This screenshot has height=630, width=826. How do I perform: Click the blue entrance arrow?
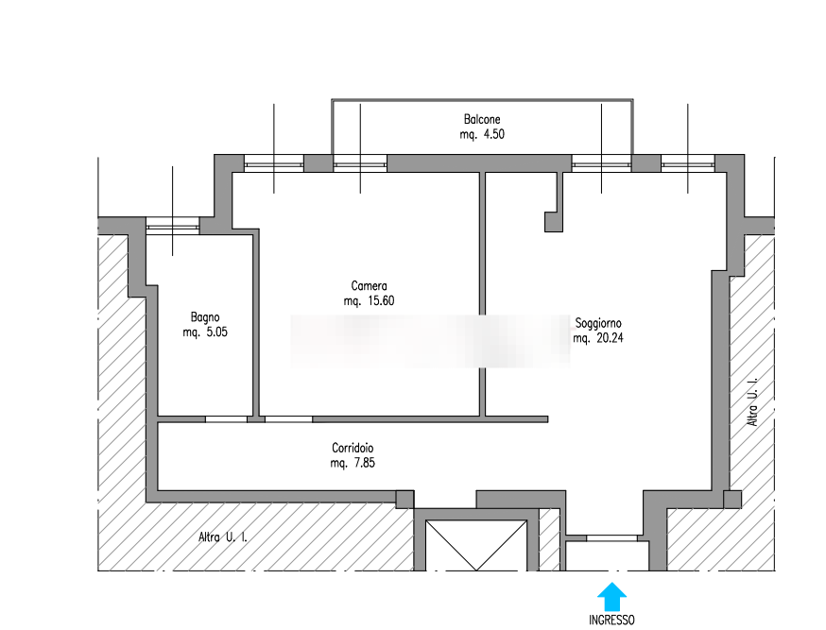pyautogui.click(x=612, y=597)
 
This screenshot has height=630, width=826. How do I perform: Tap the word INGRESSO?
pyautogui.click(x=612, y=621)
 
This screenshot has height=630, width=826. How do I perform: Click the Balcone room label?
pyautogui.click(x=481, y=120)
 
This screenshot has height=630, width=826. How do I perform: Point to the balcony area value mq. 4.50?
pyautogui.click(x=481, y=134)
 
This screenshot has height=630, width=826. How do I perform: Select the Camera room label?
pyautogui.click(x=369, y=286)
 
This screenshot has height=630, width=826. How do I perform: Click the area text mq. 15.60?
pyautogui.click(x=369, y=301)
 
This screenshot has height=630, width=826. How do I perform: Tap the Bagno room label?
pyautogui.click(x=205, y=317)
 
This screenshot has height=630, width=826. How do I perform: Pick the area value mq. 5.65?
pyautogui.click(x=205, y=332)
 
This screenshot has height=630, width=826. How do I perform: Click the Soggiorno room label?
pyautogui.click(x=597, y=323)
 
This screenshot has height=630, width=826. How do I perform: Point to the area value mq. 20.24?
pyautogui.click(x=598, y=338)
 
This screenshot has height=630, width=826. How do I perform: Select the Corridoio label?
pyautogui.click(x=353, y=448)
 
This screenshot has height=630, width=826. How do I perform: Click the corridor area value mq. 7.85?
pyautogui.click(x=353, y=463)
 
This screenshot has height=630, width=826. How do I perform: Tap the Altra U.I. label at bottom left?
pyautogui.click(x=223, y=538)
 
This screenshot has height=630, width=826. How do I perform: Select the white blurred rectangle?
pyautogui.click(x=431, y=341)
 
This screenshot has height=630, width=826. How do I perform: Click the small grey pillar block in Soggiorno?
pyautogui.click(x=554, y=223)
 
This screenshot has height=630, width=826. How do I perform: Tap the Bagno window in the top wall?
pyautogui.click(x=173, y=224)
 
